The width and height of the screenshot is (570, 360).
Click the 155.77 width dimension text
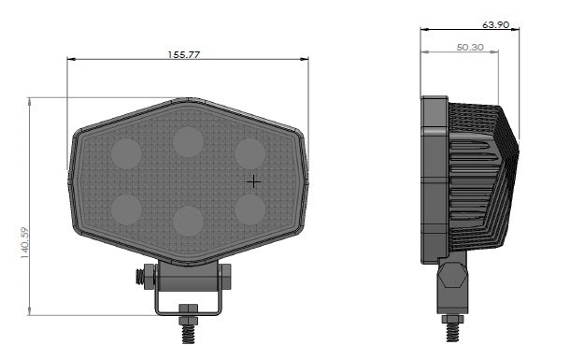184,54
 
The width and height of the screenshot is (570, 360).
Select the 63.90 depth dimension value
495,25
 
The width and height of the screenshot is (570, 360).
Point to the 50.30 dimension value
470,46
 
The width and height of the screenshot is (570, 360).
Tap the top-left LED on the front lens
126,151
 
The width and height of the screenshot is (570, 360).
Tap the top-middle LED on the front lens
188,141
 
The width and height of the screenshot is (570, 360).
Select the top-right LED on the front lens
249,153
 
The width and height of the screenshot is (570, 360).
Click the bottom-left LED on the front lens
126,208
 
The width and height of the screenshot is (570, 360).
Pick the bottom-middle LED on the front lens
188,221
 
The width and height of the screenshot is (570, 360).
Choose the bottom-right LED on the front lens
249,209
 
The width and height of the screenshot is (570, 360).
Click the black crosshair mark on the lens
253,180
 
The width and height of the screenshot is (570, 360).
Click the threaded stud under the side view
453,330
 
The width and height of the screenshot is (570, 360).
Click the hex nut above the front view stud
187,310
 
